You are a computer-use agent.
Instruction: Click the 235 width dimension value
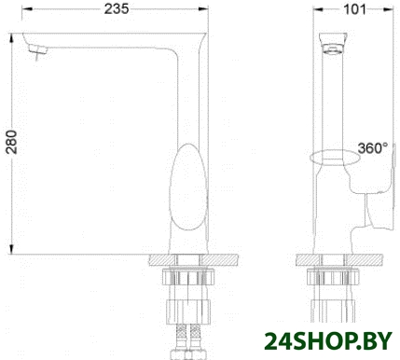[117, 9]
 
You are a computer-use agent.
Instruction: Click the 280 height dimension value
[11, 142]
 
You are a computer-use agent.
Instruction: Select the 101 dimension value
[354, 9]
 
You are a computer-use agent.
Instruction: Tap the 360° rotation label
[373, 148]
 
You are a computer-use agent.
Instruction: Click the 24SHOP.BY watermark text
[328, 341]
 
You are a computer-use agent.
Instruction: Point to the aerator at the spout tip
[38, 50]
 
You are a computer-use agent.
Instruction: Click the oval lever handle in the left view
[188, 187]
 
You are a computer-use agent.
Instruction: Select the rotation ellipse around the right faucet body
[335, 157]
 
